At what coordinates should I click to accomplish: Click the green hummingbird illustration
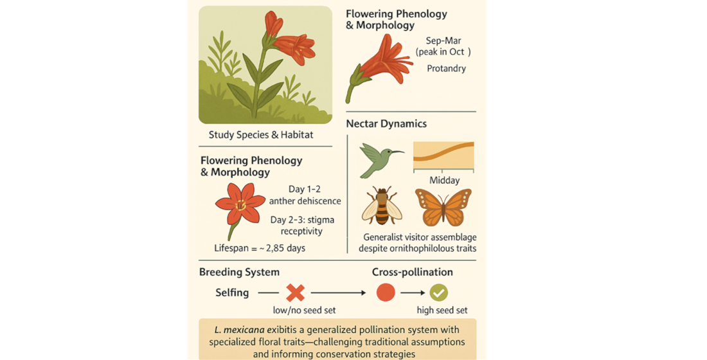click(x=379, y=159)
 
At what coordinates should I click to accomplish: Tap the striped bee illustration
click(x=382, y=205)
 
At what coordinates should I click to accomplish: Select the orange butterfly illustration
click(x=443, y=206)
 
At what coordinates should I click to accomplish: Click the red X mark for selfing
click(x=295, y=292)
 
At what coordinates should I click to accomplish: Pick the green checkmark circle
click(x=439, y=292)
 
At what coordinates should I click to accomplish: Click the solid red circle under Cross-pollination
click(x=385, y=292)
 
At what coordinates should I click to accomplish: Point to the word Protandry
click(x=446, y=68)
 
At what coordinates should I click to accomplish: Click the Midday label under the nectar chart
click(x=444, y=181)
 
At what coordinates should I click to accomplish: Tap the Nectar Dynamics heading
click(x=386, y=123)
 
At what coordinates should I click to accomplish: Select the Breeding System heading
click(x=239, y=272)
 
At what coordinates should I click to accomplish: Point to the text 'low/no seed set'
click(x=297, y=310)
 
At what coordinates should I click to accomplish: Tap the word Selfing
click(x=232, y=292)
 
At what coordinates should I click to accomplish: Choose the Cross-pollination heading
click(x=412, y=272)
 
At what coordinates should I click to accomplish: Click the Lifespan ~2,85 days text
click(x=260, y=248)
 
